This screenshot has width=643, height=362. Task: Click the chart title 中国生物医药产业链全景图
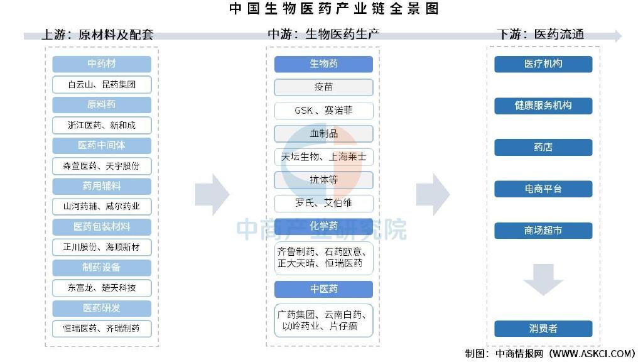pos(334,8)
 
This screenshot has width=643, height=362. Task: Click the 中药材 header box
pos(102,63)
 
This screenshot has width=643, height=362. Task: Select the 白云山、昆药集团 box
pos(102,85)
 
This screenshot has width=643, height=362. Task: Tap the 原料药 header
pos(102,105)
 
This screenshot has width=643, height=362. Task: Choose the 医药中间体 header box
pos(102,145)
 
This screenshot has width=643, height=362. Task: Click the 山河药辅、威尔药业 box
pos(102,206)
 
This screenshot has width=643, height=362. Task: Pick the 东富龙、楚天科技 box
pos(102,288)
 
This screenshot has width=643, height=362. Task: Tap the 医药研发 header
pos(102,308)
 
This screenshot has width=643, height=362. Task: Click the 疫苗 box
pos(323,87)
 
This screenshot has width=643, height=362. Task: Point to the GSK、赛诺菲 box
pos(323,111)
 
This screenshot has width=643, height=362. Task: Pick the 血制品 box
pos(323,133)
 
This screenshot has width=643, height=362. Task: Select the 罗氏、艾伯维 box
pos(323,203)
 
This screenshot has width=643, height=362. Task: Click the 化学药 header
pos(323,226)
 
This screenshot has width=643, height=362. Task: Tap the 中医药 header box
pos(323,289)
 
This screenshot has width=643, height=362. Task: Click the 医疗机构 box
pos(543,64)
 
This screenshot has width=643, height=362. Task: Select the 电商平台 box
pos(543,189)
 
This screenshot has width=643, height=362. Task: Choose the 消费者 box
pos(543,328)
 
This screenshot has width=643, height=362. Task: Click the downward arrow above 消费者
pos(543,280)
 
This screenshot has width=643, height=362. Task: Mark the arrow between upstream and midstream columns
pos(212,195)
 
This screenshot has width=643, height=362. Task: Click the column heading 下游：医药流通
pos(541,35)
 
